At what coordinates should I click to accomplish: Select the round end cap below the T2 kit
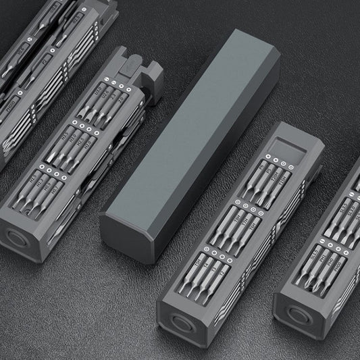tap(178, 320)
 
